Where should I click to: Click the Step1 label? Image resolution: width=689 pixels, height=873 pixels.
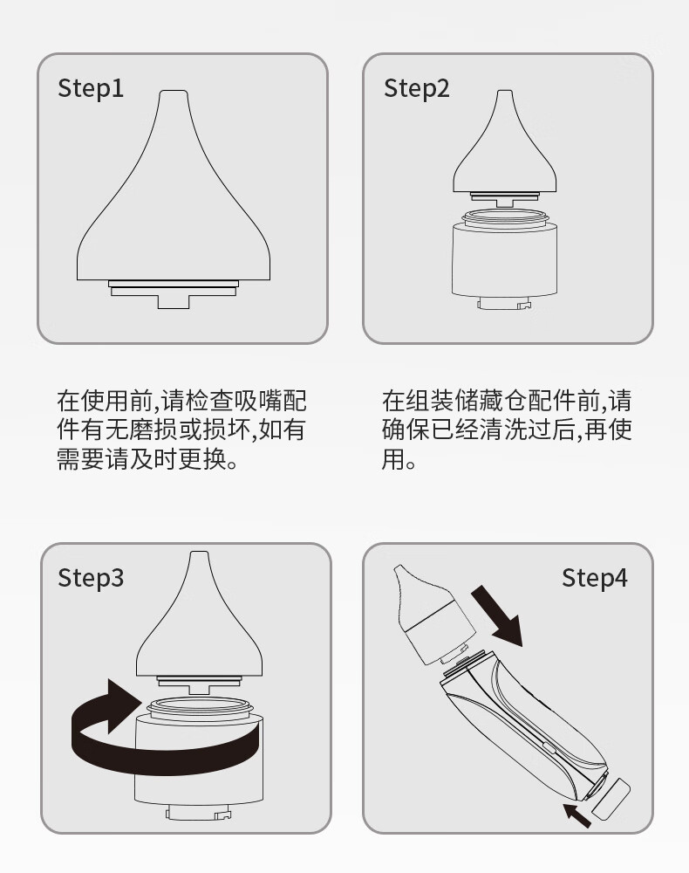[91, 88]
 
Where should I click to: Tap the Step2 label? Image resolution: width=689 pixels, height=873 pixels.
[417, 88]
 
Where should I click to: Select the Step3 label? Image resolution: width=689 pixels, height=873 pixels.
[91, 578]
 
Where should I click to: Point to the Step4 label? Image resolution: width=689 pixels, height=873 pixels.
[595, 578]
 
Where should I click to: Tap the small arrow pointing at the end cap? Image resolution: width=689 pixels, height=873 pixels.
[576, 815]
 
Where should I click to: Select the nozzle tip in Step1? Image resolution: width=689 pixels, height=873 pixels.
[174, 94]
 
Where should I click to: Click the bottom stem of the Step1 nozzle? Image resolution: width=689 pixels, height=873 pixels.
[174, 301]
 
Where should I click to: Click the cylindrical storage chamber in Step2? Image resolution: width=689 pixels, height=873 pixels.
[505, 259]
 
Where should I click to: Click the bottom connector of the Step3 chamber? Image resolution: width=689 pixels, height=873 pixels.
[199, 813]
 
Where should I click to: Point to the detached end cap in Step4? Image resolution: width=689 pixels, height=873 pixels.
[611, 799]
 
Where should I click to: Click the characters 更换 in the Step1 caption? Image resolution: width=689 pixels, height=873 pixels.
[203, 459]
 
